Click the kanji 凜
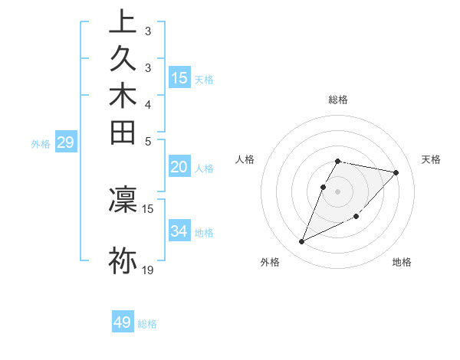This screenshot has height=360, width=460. (123, 200)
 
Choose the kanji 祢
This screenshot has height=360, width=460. (123, 260)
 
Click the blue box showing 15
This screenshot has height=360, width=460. (179, 77)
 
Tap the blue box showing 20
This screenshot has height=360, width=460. (179, 168)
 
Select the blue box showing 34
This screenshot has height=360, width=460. (179, 231)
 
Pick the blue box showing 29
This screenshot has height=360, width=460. (67, 142)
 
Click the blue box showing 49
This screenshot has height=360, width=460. (123, 322)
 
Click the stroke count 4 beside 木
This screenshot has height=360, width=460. (148, 104)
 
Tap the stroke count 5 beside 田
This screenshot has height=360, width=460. (148, 141)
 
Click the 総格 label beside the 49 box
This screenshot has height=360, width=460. (147, 324)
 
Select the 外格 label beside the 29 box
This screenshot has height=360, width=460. (41, 143)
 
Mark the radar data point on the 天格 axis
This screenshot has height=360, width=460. (396, 172)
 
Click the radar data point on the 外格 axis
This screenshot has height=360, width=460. (302, 242)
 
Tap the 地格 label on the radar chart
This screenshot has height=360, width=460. (402, 263)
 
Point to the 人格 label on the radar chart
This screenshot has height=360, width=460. (245, 159)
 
